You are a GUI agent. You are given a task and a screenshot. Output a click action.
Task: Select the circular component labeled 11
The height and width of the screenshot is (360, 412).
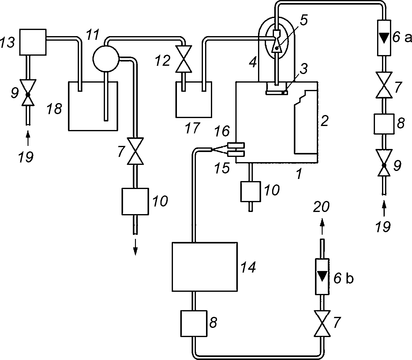point(106,58)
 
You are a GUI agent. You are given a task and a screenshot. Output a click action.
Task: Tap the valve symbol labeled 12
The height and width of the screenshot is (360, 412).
point(183,59)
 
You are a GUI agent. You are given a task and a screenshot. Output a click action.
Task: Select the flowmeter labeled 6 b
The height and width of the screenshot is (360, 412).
point(322,276)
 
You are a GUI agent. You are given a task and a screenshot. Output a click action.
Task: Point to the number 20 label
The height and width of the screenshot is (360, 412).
point(321,206)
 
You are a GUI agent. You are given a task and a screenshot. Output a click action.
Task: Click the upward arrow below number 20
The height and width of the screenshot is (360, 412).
point(322,227)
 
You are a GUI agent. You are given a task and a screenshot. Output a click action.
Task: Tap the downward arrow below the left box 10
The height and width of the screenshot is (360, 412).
point(136,247)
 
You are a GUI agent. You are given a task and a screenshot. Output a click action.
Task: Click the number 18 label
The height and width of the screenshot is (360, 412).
point(54,109)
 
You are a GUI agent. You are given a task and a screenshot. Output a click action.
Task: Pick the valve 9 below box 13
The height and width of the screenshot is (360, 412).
point(28,93)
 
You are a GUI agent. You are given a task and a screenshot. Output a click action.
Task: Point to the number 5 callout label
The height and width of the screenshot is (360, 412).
point(303,20)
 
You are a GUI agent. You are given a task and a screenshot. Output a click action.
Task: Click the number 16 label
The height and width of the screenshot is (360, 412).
point(222,131)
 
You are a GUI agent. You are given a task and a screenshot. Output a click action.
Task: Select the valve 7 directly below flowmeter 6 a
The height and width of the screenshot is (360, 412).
point(384,85)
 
